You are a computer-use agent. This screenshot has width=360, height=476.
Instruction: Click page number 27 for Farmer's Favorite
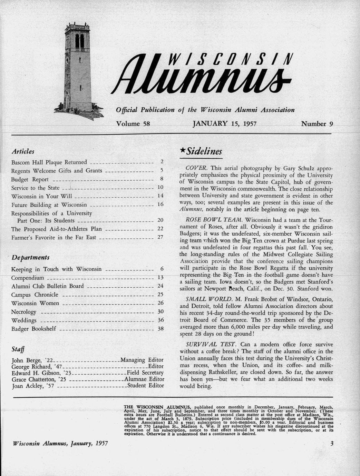tap(160, 237)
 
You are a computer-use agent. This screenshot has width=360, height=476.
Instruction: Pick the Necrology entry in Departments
tap(23, 312)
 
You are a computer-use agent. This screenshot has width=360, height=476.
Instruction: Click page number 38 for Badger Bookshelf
tap(160, 329)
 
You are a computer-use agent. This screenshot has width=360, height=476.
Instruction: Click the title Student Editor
tap(146, 386)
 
